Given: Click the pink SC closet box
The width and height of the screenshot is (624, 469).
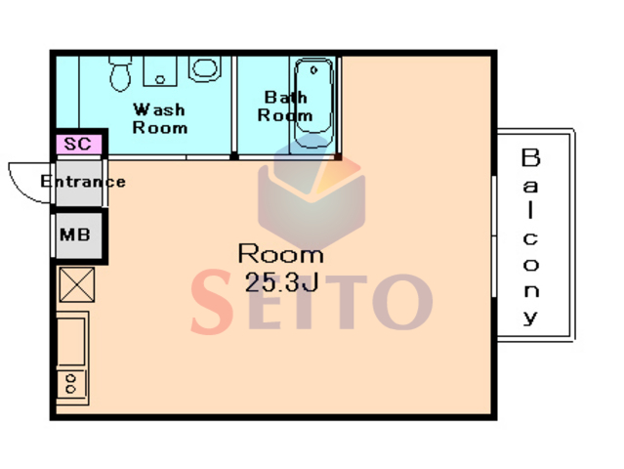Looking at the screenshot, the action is tap(79, 145).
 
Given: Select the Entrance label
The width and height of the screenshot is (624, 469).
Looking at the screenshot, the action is tap(83, 182).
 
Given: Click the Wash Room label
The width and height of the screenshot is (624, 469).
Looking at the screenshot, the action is tap(159, 118).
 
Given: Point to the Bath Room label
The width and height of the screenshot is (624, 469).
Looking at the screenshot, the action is tap(285, 107).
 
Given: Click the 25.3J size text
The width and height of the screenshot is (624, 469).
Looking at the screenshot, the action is tap(282, 282).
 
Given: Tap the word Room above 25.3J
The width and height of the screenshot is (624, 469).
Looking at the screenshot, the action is tap(280, 254).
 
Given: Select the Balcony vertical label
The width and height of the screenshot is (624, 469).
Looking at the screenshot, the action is tap(530, 236).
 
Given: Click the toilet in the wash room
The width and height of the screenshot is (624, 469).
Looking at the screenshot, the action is tap(120, 73).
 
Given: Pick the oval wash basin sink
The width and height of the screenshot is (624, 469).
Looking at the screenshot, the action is tap(205, 68).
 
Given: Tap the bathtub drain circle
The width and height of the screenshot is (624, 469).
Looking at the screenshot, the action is tap(313, 70).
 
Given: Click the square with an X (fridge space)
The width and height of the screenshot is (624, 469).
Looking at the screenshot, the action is tap(77, 284).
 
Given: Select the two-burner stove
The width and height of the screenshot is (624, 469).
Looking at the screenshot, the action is tap(71, 384).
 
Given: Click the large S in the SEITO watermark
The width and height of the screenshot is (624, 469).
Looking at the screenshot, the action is tap(212, 301).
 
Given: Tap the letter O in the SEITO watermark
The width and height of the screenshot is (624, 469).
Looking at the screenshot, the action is tap(402, 302).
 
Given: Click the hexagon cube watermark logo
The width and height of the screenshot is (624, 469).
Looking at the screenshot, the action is tap(312, 192).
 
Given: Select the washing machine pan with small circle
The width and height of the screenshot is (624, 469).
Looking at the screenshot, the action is tap(160, 71).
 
